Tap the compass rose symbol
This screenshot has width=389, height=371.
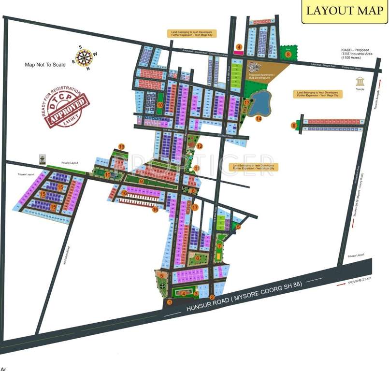tap(84, 57)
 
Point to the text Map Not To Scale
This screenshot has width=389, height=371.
tap(45, 64)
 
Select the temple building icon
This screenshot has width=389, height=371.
tap(360, 81)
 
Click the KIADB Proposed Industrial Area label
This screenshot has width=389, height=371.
tap(355, 54)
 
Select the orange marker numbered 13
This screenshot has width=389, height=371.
tap(247, 102)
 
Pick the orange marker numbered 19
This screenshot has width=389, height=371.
tap(122, 146)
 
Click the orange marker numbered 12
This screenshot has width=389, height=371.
tap(199, 146)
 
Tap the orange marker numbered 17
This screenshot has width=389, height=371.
tap(195, 207)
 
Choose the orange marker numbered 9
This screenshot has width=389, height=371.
tap(141, 181)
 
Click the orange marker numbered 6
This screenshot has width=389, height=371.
tap(198, 258)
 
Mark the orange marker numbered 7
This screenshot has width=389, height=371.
tap(219, 245)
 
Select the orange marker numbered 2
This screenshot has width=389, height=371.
tap(212, 297)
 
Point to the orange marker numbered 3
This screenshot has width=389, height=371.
tap(196, 293)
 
